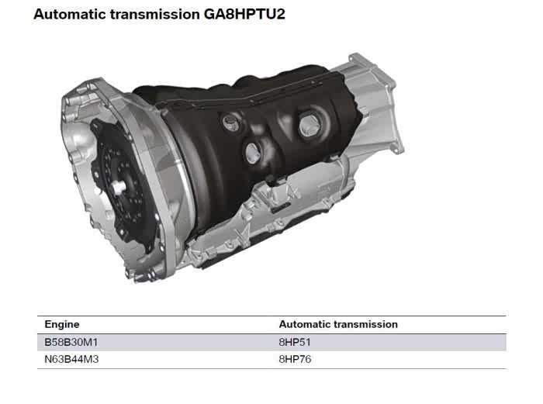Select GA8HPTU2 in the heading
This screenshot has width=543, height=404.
click(244, 14)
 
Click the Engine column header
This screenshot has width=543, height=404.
click(62, 324)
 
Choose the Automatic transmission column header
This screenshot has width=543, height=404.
click(338, 324)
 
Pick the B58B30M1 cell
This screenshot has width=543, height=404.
click(71, 343)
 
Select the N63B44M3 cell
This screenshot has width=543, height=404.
click(71, 359)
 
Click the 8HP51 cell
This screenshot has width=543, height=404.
click(295, 343)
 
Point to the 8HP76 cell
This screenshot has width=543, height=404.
click(295, 359)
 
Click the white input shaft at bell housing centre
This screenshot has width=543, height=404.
click(119, 187)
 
